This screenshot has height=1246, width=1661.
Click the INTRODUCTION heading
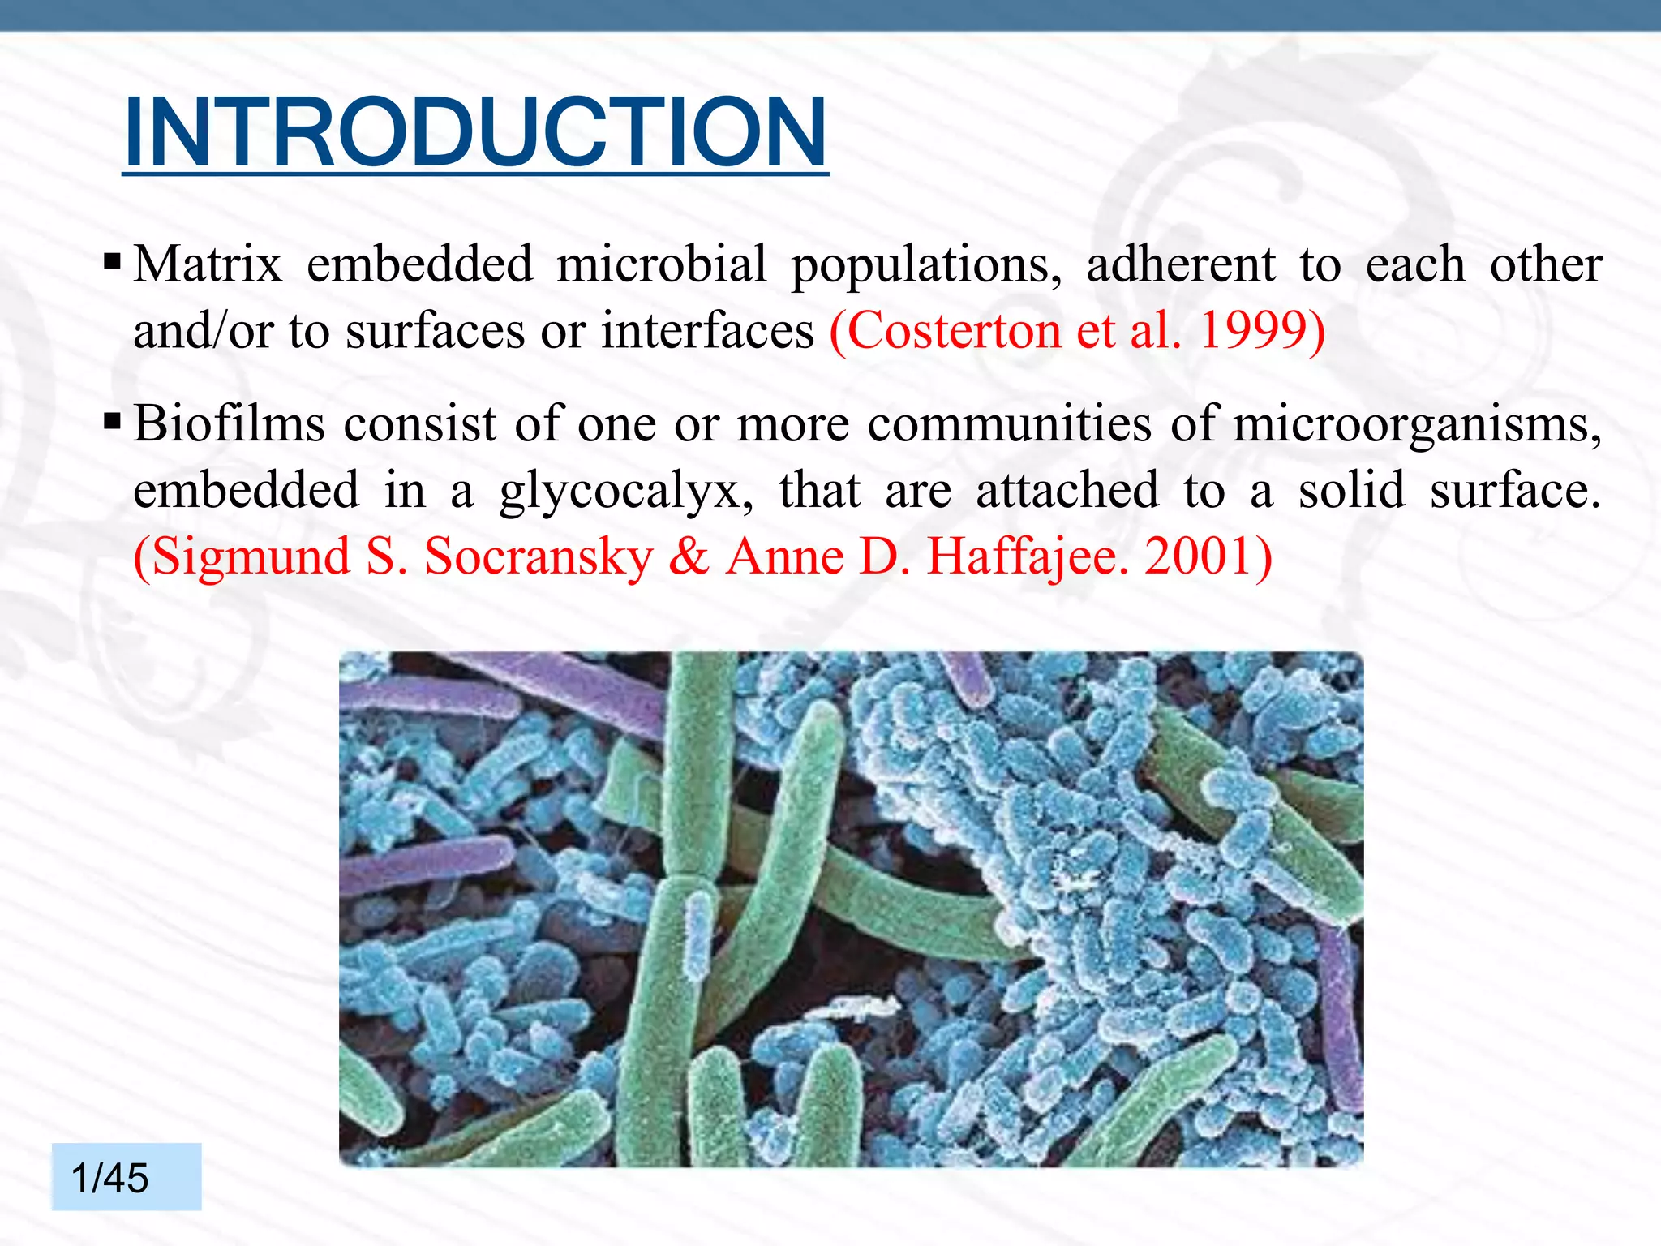click(x=475, y=132)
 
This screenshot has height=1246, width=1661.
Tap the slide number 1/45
click(x=110, y=1177)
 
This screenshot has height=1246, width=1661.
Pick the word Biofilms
click(x=230, y=423)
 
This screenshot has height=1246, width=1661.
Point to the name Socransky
click(x=539, y=558)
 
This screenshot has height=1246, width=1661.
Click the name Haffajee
click(x=1027, y=558)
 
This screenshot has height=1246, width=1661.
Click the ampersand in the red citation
click(x=689, y=557)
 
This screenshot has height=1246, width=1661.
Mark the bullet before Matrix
click(x=113, y=262)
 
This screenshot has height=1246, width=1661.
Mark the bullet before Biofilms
click(x=113, y=422)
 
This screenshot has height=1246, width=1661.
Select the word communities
click(x=1010, y=423)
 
